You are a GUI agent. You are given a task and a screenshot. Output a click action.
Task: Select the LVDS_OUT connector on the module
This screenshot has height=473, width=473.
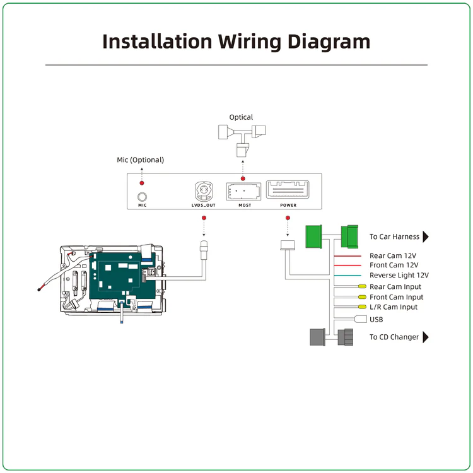[x=204, y=189]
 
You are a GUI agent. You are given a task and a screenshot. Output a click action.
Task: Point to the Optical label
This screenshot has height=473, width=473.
[x=241, y=117]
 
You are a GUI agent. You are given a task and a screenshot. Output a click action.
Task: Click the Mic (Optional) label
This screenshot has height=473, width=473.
[x=140, y=160]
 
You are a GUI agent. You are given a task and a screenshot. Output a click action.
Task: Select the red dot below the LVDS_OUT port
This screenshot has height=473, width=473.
[x=204, y=218]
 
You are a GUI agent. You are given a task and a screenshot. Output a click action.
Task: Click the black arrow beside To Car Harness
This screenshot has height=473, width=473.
[x=426, y=237]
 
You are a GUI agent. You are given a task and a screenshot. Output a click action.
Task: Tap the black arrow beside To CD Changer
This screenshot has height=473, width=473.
[x=425, y=337]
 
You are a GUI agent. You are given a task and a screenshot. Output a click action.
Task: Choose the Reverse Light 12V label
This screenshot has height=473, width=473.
[x=399, y=276]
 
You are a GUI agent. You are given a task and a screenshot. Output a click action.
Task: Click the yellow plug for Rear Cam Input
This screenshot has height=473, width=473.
[x=362, y=287]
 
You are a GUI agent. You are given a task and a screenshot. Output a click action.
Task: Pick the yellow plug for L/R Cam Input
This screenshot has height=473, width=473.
[x=362, y=307]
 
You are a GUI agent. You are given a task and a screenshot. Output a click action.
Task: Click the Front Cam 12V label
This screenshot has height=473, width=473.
[x=394, y=266]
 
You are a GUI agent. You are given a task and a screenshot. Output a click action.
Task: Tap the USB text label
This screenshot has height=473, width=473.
[x=377, y=320]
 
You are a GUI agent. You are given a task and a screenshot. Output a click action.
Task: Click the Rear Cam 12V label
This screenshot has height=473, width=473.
[x=393, y=256]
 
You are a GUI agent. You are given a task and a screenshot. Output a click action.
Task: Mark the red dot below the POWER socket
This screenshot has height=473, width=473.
[x=288, y=218]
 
